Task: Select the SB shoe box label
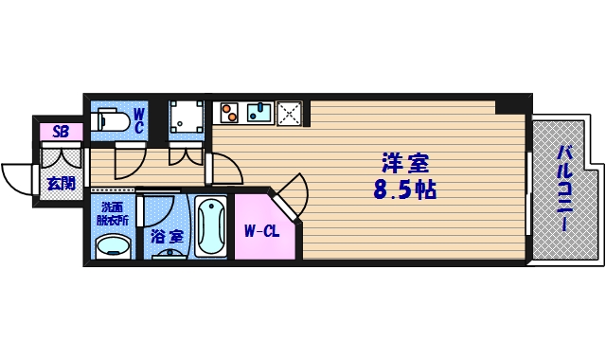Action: tap(60, 132)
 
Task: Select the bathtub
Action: tap(210, 227)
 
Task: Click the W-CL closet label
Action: tap(259, 230)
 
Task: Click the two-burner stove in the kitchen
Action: tap(228, 114)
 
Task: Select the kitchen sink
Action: tap(258, 114)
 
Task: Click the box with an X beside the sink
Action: tap(289, 114)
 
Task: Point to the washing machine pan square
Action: tap(187, 119)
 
